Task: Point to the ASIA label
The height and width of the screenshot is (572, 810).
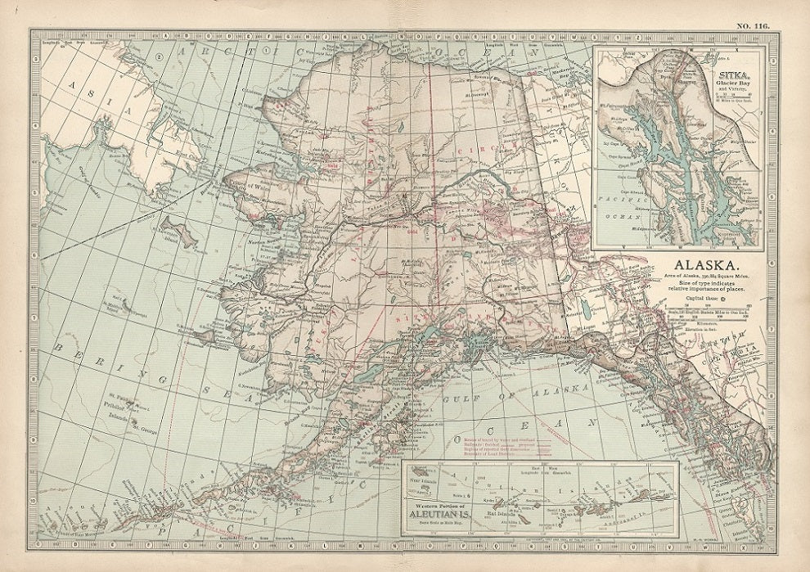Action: point(82,87)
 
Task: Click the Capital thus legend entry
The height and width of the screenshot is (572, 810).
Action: point(702,299)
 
